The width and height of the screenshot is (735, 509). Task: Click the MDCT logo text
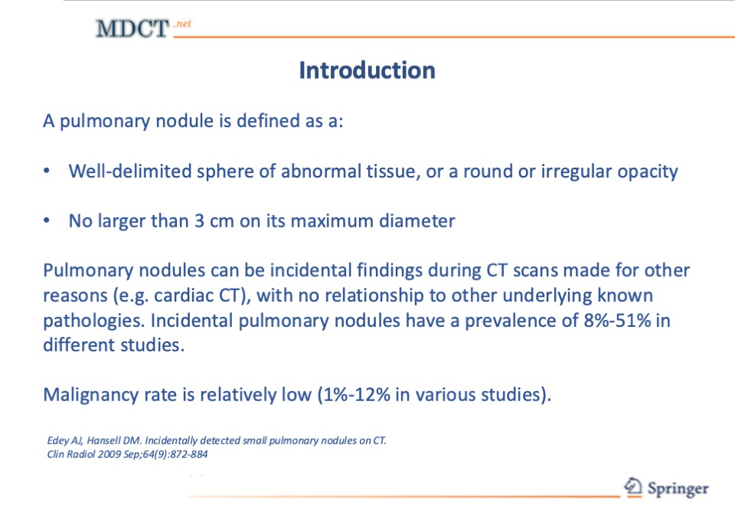pos(132,28)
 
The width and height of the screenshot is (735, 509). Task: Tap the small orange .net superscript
pos(182,24)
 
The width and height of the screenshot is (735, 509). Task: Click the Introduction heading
pos(367,70)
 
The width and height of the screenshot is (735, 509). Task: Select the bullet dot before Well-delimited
pos(47,171)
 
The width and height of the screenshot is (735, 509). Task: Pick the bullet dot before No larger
pos(47,220)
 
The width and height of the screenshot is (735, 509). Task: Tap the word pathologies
pos(93,321)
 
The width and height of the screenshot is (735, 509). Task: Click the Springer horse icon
pos(633,487)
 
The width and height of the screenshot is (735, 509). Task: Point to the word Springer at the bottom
pos(678,489)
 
